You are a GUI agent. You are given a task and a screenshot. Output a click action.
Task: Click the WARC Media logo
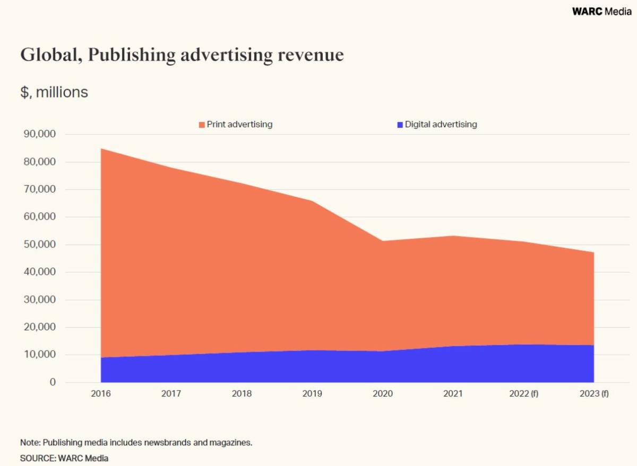601,11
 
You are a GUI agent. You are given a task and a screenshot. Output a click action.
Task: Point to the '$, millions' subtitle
54,92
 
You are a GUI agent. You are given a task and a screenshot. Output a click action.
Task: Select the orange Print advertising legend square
202,125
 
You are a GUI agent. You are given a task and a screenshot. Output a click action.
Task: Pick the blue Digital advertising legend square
400,125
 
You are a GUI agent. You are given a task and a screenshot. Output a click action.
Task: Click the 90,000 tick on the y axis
40,134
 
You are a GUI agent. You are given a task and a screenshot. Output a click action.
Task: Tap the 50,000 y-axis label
40,244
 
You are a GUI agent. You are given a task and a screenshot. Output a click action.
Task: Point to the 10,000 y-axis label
40,355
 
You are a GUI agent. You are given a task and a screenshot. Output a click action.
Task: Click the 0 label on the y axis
53,382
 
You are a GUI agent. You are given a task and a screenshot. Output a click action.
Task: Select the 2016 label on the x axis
101,394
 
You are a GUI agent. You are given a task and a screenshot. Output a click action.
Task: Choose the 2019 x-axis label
312,394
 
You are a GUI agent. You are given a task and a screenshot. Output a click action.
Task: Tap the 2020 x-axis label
382,394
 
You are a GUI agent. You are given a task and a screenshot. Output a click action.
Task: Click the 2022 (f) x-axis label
524,394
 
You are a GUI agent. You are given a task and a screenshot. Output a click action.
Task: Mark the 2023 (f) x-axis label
594,394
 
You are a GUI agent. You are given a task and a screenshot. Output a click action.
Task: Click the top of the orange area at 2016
101,148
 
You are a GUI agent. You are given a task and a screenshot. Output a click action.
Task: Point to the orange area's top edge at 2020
382,241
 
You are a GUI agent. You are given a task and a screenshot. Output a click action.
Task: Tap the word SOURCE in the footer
37,458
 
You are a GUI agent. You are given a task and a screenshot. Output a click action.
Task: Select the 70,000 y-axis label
40,189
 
